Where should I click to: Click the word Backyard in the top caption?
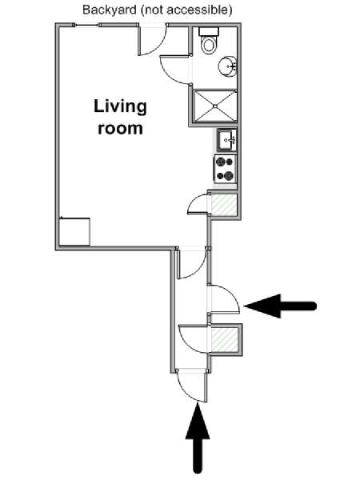pos(110,10)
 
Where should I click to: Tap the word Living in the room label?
pos(120,107)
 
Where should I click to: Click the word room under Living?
pos(120,128)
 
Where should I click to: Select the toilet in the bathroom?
pos(209,40)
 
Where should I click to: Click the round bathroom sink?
pos(227,66)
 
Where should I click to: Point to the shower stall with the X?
pos(215,106)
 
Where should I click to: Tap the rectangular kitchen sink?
pos(227,140)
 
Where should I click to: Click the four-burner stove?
pos(225,169)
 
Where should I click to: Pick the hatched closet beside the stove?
pos(224,205)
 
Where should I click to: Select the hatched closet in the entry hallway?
pos(225,339)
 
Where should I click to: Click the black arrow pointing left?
pos(280,306)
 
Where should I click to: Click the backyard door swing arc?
pos(152,41)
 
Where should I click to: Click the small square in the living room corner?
pos(74,231)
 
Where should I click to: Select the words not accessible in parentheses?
pos(186,10)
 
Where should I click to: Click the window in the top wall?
pos(87,26)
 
